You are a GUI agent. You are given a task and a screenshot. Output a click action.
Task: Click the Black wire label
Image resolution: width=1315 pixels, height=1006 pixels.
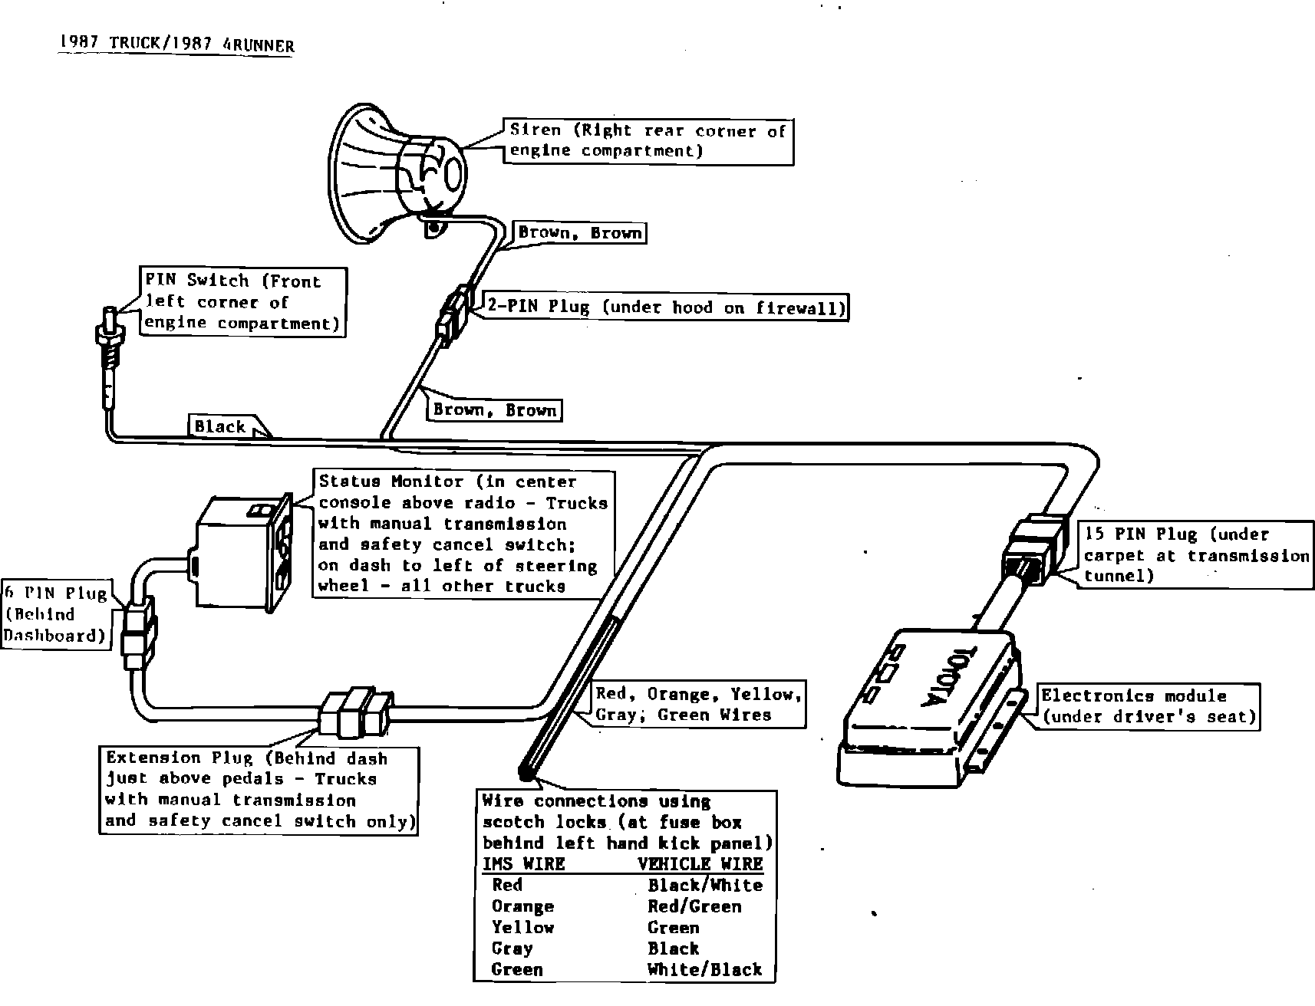219,426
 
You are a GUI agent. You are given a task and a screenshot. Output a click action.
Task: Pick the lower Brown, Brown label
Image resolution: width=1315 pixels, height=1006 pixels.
494,409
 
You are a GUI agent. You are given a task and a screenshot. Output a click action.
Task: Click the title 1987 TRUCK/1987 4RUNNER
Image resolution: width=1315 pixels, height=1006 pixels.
176,44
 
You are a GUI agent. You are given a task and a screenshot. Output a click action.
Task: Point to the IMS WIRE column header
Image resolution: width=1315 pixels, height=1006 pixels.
523,863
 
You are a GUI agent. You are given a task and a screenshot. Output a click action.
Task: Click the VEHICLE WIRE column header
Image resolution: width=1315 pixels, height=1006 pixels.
700,863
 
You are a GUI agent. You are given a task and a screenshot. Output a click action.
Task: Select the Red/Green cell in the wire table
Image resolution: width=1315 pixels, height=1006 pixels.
694,906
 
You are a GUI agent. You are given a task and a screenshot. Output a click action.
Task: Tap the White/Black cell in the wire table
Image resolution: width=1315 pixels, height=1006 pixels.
704,969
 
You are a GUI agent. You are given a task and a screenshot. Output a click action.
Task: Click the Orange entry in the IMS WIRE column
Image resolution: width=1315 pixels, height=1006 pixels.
522,906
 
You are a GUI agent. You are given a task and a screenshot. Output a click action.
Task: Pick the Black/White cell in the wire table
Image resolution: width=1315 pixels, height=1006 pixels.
704,885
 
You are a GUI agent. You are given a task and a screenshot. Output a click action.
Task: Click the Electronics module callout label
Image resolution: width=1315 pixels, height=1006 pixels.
1148,706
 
